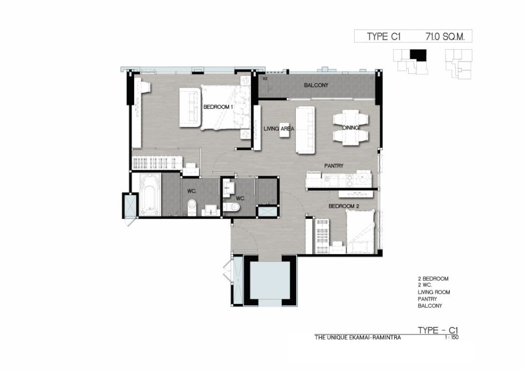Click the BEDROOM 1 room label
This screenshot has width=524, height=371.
pyautogui.click(x=218, y=107)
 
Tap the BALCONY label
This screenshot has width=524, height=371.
pyautogui.click(x=316, y=85)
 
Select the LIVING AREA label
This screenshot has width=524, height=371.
pyautogui.click(x=279, y=129)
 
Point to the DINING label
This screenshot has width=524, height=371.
pyautogui.click(x=350, y=128)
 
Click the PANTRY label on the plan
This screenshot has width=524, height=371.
pyautogui.click(x=334, y=166)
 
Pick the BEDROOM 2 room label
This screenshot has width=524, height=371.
pyautogui.click(x=343, y=206)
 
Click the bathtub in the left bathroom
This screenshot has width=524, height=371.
pyautogui.click(x=150, y=195)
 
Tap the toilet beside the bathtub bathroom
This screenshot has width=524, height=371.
pyautogui.click(x=191, y=208)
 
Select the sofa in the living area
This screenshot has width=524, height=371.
pyautogui.click(x=305, y=130)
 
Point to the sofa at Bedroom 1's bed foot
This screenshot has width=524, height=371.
pyautogui.click(x=190, y=108)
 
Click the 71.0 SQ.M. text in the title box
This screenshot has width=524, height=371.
pyautogui.click(x=445, y=36)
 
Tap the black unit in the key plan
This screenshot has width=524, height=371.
pyautogui.click(x=418, y=55)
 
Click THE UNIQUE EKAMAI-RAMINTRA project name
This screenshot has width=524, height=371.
pyautogui.click(x=358, y=338)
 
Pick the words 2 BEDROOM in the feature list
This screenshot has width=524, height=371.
pyautogui.click(x=433, y=279)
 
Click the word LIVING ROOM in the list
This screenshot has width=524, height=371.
pyautogui.click(x=434, y=292)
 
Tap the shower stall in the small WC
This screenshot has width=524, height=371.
pyautogui.click(x=267, y=212)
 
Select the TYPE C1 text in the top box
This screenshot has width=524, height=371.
pyautogui.click(x=383, y=36)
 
